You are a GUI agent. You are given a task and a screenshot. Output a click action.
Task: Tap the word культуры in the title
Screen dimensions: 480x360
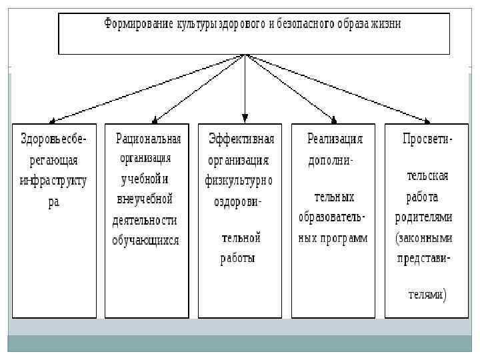coord(199,24)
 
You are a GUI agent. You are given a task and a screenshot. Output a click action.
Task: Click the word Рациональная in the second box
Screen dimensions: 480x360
coord(149,139)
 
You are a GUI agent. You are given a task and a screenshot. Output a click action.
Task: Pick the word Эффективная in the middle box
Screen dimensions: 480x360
coord(241,139)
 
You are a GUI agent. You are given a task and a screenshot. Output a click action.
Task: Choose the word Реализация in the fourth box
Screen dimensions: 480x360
coord(335,139)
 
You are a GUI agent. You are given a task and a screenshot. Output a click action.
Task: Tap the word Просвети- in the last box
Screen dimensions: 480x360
coord(427,139)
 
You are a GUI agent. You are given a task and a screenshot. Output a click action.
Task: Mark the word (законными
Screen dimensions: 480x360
coord(424,237)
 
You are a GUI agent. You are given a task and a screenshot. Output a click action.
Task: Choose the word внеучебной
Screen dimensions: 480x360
coord(145,199)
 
